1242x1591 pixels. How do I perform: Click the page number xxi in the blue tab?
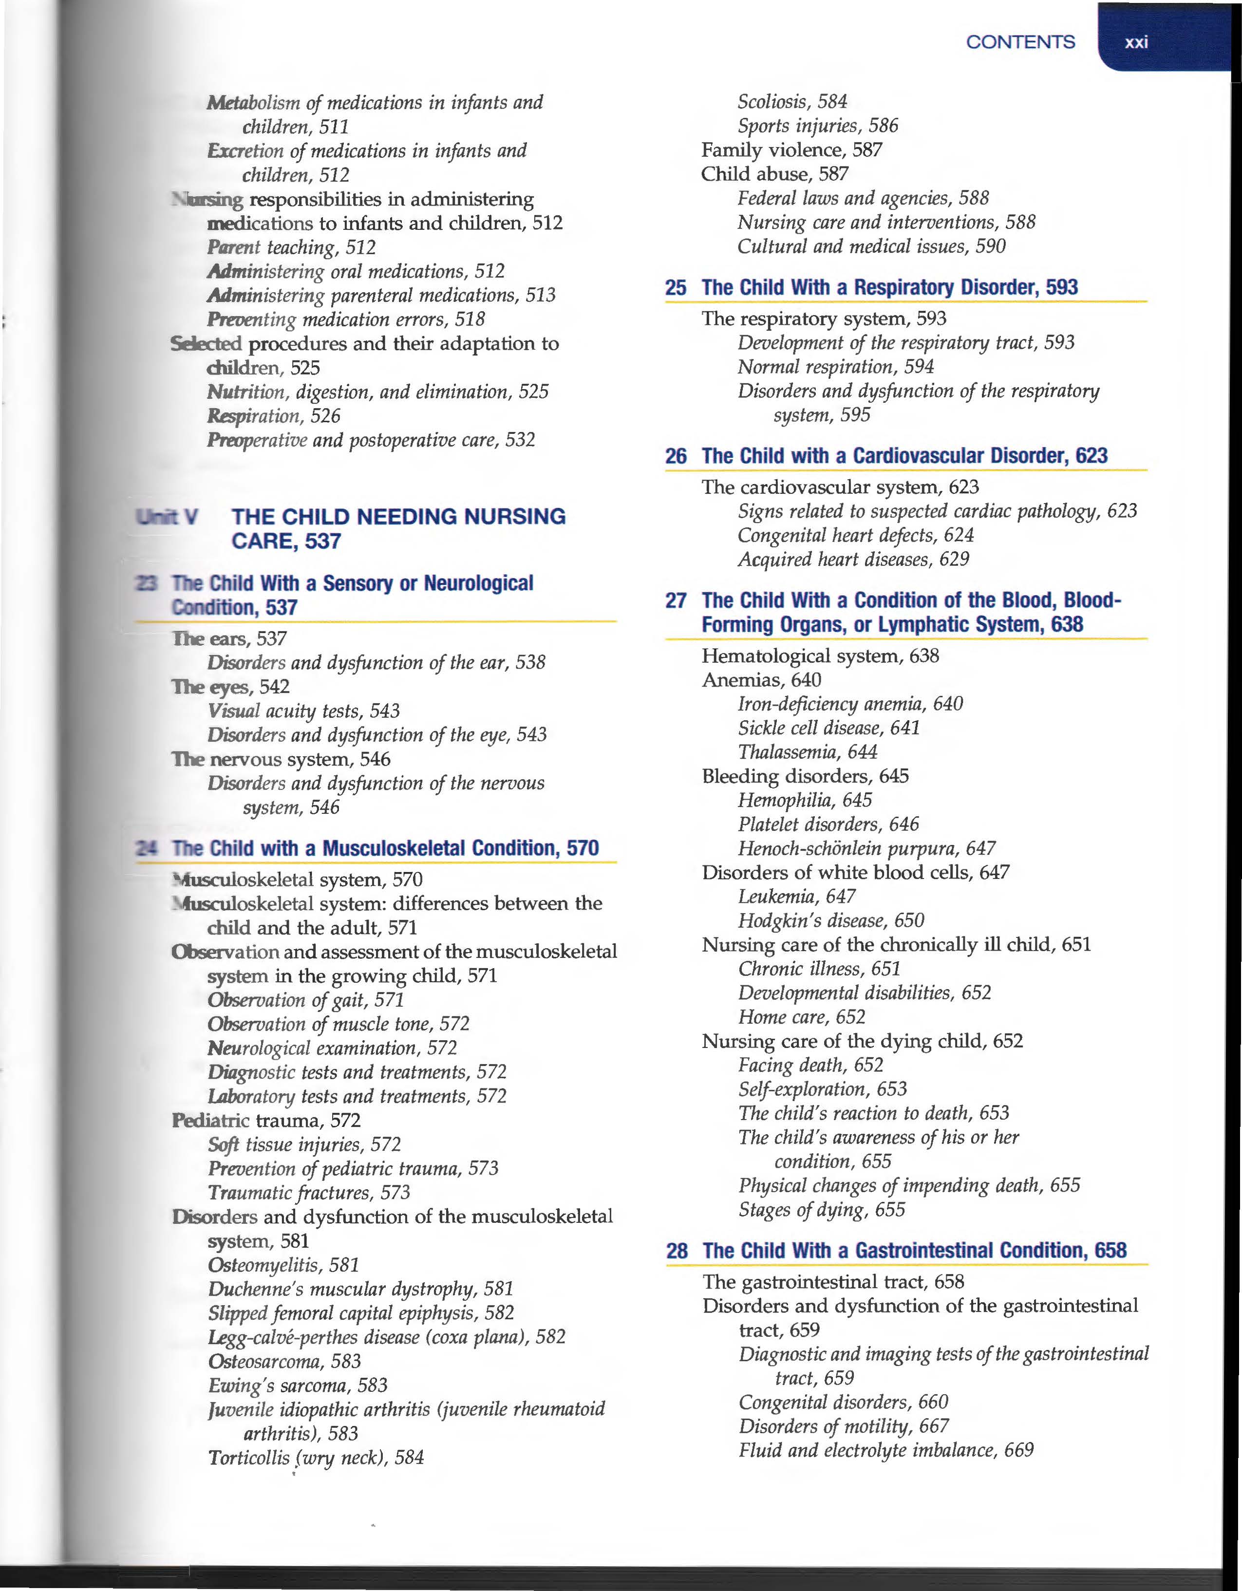click(x=1136, y=42)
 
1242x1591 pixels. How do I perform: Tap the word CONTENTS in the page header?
click(x=1020, y=42)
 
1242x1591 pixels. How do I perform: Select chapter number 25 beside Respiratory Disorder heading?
click(x=675, y=288)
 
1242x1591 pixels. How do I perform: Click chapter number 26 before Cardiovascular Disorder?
click(x=675, y=457)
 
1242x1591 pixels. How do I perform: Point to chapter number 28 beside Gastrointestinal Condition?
click(x=676, y=1251)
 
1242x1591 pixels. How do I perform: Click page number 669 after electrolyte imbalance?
click(x=1018, y=1450)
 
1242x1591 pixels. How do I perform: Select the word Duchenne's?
click(x=256, y=1289)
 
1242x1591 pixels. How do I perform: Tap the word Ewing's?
click(x=241, y=1385)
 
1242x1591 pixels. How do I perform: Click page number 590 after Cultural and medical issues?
click(x=990, y=246)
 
